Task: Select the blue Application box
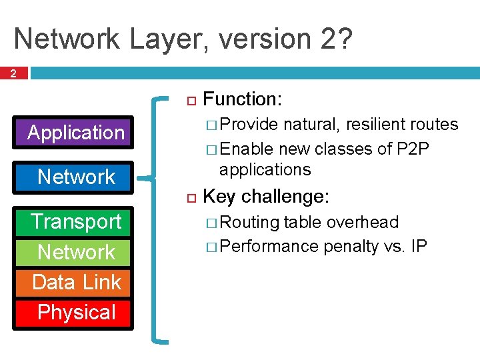tap(75, 133)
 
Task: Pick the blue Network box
tap(75, 177)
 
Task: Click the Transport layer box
tap(75, 221)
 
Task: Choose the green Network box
tap(75, 252)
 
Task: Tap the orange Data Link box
tap(75, 282)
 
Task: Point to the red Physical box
tap(75, 312)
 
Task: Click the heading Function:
tap(242, 100)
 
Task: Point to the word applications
tap(265, 169)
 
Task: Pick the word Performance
tap(269, 246)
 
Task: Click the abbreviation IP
tap(419, 246)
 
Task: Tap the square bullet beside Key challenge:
tap(189, 197)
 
